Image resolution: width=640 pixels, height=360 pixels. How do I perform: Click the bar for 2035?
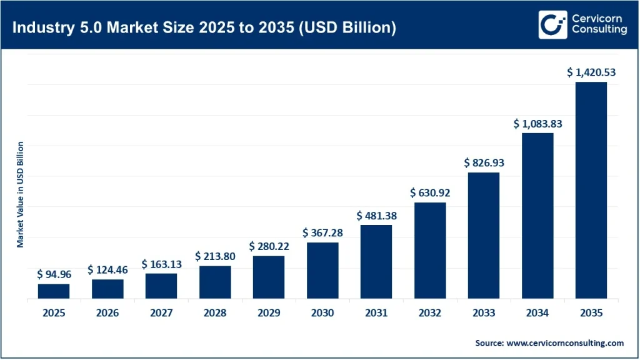591,191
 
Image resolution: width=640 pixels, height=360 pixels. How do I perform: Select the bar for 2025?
54,291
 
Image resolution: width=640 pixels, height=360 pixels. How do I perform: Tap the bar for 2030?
322,271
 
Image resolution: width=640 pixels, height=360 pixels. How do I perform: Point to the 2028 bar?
215,282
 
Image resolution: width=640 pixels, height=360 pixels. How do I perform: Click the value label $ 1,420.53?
591,72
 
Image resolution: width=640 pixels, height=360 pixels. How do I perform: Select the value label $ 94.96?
53,274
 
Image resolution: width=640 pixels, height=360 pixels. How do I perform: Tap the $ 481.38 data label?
376,216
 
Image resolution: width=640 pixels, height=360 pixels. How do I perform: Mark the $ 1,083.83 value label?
537,124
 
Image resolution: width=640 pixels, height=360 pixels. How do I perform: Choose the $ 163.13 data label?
161,264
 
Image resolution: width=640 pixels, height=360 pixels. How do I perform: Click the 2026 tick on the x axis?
107,313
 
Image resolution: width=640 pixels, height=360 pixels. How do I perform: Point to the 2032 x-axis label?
430,313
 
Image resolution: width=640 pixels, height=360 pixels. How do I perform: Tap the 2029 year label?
269,313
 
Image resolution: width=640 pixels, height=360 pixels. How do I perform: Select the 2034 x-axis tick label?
537,313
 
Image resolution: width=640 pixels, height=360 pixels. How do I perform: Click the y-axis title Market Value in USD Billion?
21,194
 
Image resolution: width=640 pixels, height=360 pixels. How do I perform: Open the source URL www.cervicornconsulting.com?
565,342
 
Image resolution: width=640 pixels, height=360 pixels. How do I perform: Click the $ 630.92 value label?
430,193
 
